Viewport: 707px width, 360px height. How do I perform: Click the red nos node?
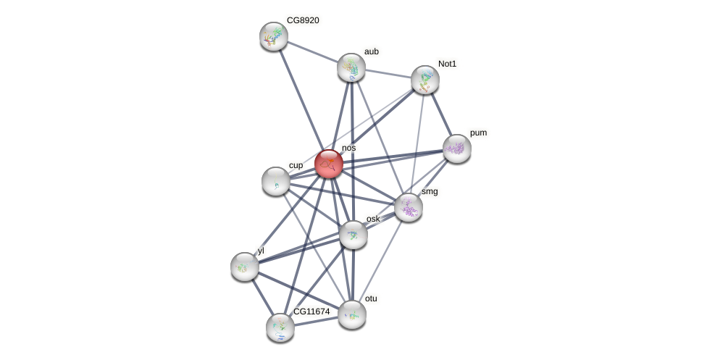pyautogui.click(x=329, y=164)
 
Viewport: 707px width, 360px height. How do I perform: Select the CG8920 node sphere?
pyautogui.click(x=274, y=36)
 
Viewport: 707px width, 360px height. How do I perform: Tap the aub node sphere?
pyautogui.click(x=351, y=67)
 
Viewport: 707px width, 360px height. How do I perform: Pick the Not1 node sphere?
pyautogui.click(x=425, y=80)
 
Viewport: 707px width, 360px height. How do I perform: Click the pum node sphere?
pyautogui.click(x=457, y=148)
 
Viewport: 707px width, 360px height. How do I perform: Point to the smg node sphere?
pyautogui.click(x=409, y=207)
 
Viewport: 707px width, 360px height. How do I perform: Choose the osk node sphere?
pyautogui.click(x=353, y=235)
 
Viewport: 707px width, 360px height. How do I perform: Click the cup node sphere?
pyautogui.click(x=276, y=181)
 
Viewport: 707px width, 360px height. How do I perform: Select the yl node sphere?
pyautogui.click(x=245, y=267)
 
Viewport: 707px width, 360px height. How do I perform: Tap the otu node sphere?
pyautogui.click(x=352, y=314)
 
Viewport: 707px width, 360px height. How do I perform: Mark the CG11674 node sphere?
pyautogui.click(x=280, y=327)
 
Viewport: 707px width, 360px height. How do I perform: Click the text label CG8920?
pyautogui.click(x=303, y=20)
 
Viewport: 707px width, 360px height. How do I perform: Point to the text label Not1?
pyautogui.click(x=447, y=64)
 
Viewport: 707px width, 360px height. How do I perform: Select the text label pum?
pyautogui.click(x=478, y=133)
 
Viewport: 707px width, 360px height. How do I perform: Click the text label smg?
pyautogui.click(x=430, y=191)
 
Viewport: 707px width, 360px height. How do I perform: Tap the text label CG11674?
pyautogui.click(x=311, y=311)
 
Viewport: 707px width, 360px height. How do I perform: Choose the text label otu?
pyautogui.click(x=371, y=298)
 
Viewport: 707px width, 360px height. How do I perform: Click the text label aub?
pyautogui.click(x=371, y=51)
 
